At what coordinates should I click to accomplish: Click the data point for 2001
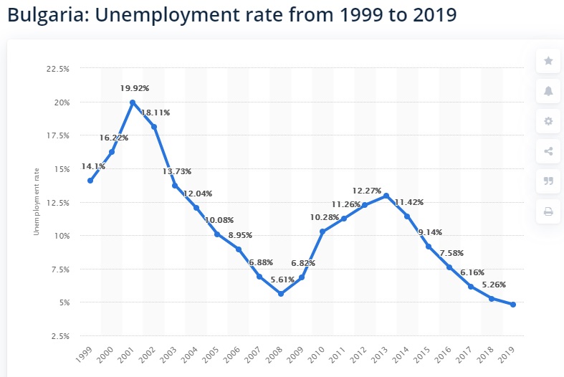click(133, 102)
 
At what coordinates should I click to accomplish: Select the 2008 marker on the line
click(281, 294)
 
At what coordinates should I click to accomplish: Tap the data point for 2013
click(386, 196)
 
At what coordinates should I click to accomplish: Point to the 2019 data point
click(513, 305)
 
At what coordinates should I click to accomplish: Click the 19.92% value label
click(134, 88)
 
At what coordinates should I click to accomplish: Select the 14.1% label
click(94, 167)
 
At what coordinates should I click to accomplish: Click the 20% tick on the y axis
click(62, 102)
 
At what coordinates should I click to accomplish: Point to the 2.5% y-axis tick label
click(60, 335)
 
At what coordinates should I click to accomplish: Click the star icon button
click(548, 61)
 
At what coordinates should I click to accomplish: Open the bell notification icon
click(548, 91)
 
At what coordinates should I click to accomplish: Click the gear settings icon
click(548, 121)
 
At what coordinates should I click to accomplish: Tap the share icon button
click(548, 151)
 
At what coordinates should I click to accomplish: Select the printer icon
click(548, 211)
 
